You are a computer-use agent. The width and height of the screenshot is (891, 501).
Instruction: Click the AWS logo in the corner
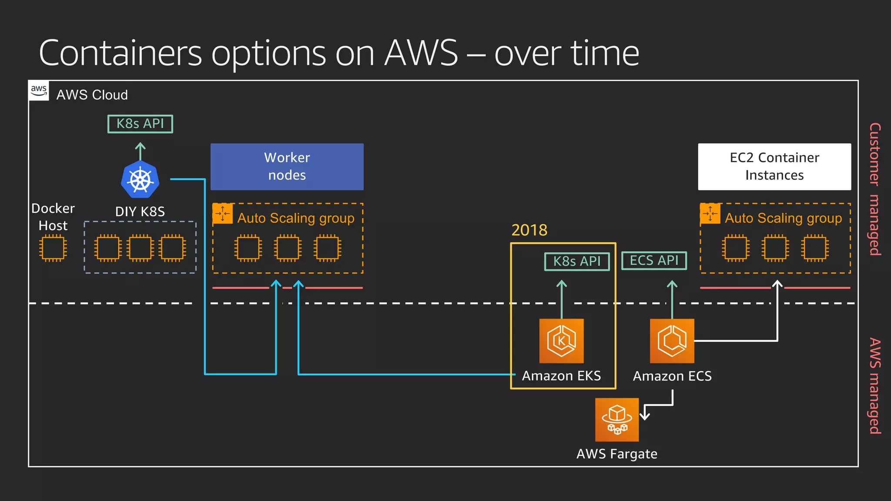(x=39, y=90)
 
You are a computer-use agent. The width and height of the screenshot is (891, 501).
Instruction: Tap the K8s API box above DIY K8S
(x=140, y=124)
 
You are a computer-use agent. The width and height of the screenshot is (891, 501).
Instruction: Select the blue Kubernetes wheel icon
(x=140, y=180)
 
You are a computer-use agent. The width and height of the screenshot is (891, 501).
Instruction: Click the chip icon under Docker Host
(x=53, y=248)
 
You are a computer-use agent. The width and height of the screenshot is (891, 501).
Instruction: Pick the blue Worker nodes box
(x=287, y=167)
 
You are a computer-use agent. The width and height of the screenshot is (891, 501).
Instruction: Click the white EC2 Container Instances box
(x=774, y=167)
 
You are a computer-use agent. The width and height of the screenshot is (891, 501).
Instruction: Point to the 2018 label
(x=529, y=230)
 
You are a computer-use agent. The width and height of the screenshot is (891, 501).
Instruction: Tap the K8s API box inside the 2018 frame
(x=577, y=261)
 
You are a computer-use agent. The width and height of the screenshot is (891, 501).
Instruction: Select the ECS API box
(x=654, y=261)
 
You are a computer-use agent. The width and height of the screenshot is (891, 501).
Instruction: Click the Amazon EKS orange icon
(x=561, y=341)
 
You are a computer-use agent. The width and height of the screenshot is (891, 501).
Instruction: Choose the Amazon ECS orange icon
(x=672, y=341)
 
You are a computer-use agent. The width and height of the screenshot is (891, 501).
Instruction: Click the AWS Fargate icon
(x=617, y=420)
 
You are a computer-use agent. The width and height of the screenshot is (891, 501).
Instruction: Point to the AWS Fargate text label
(x=617, y=454)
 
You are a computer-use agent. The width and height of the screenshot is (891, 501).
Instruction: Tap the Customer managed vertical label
(x=875, y=189)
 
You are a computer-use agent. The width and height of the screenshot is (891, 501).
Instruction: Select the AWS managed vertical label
(x=875, y=386)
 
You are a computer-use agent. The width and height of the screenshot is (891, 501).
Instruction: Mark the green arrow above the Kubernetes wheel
(x=140, y=151)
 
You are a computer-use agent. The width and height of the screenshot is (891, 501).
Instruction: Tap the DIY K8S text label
(x=140, y=212)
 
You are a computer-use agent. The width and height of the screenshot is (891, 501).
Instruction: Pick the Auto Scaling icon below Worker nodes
(x=223, y=213)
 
